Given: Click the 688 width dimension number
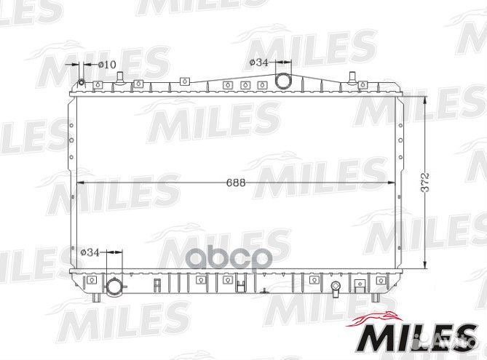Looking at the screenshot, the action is tap(236, 183).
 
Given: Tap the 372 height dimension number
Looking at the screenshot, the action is tap(425, 182).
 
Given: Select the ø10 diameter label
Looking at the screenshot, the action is tap(107, 65).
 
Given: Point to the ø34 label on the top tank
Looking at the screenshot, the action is tap(258, 63).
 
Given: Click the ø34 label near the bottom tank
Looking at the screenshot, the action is tap(90, 252).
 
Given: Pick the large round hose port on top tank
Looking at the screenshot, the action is tap(283, 81).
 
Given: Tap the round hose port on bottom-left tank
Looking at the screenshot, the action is tap(114, 287).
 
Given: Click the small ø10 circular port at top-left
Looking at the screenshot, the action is tap(82, 83).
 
